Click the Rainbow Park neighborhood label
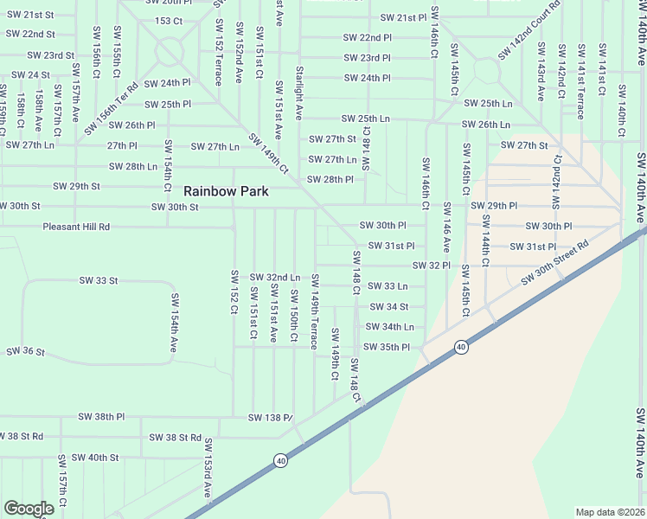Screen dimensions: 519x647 [x=226, y=191]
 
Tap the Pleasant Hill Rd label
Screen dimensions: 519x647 [x=77, y=227]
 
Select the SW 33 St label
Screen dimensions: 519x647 [x=98, y=280]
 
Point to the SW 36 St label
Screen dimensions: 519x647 [x=25, y=351]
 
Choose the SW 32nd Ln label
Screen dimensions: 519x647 [x=275, y=277]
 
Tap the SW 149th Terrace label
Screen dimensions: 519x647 [x=315, y=311]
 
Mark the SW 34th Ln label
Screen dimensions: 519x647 [x=389, y=327]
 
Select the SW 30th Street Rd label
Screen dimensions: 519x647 [x=554, y=263]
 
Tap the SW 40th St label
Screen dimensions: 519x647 [x=95, y=457]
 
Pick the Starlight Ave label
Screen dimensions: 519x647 [x=298, y=92]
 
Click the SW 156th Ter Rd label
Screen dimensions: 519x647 [x=112, y=107]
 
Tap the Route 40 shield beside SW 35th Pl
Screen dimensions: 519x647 [x=461, y=347]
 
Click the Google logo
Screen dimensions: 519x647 [x=29, y=509]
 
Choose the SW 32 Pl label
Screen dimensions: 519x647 [x=431, y=265]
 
